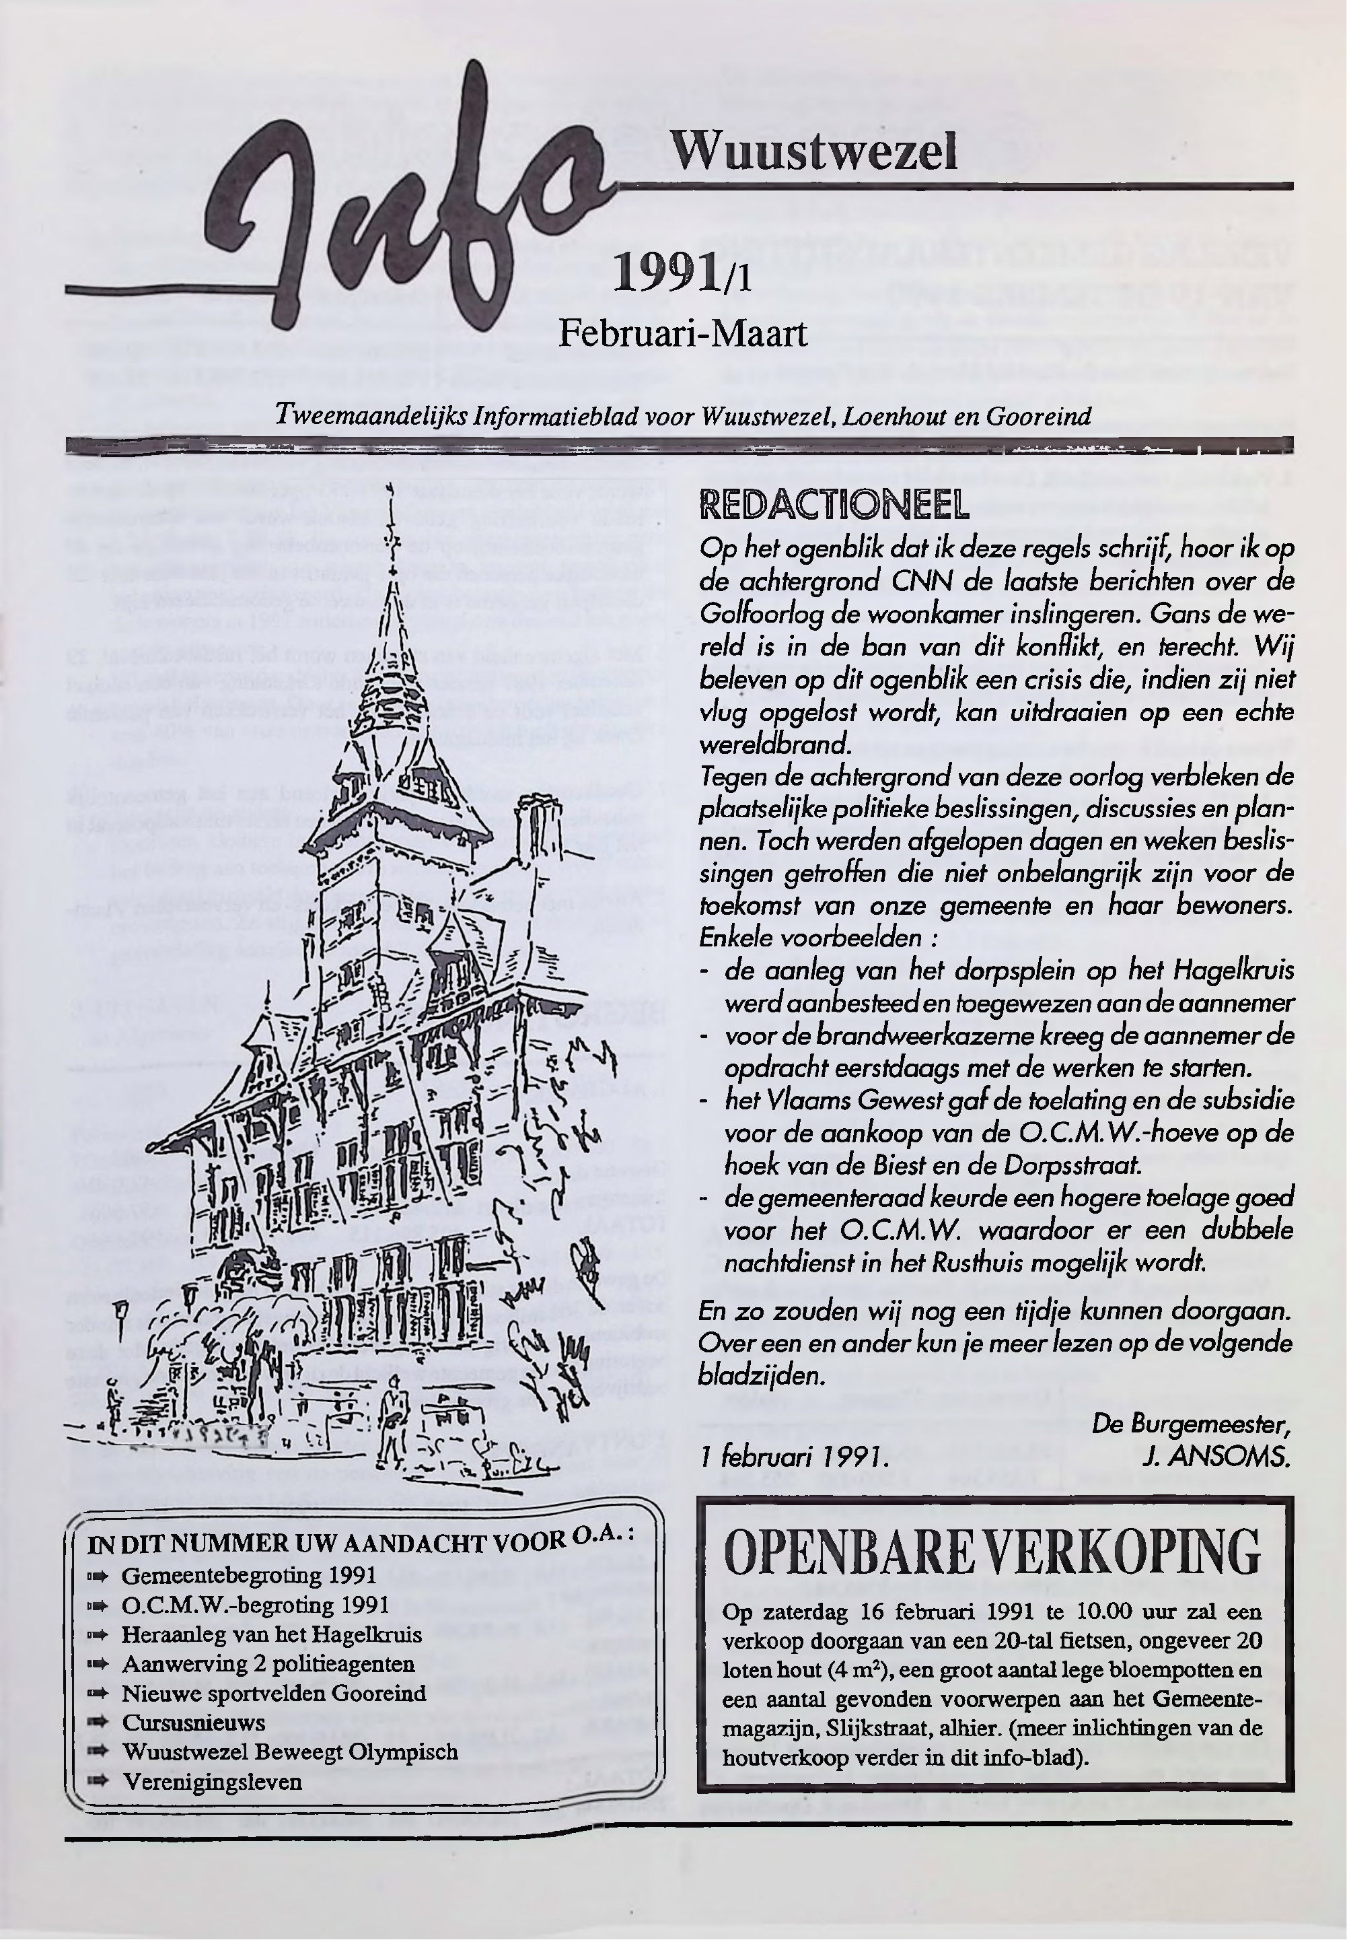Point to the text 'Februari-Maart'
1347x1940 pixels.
[683, 333]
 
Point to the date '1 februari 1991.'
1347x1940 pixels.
[793, 1458]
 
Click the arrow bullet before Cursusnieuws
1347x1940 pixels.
[99, 1723]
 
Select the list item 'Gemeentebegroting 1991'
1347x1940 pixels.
[249, 1575]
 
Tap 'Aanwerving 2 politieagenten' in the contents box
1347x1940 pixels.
[268, 1664]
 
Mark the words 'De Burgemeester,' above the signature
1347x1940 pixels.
[1190, 1424]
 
